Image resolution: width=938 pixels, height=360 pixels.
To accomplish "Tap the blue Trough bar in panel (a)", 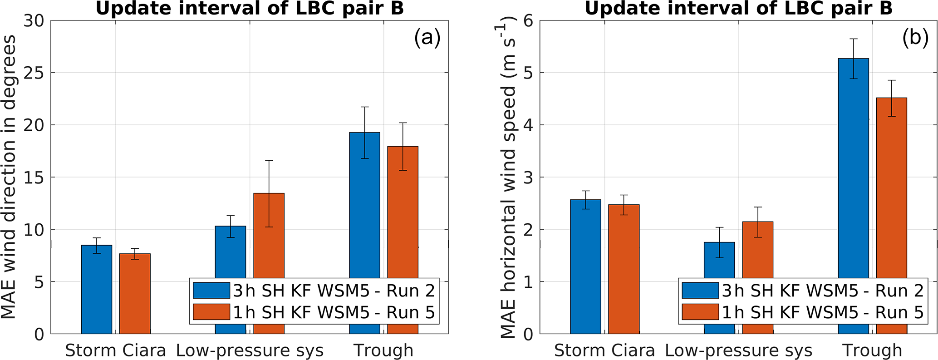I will [x=364, y=204].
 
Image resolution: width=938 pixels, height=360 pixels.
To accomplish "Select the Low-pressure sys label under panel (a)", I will [x=250, y=350].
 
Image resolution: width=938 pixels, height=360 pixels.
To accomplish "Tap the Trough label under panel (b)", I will [x=872, y=350].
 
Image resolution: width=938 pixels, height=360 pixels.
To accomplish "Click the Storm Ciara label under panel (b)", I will [x=604, y=350].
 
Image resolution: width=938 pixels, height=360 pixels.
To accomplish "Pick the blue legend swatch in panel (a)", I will [x=211, y=291].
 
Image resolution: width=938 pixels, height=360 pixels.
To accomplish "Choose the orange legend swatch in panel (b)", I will [x=700, y=312].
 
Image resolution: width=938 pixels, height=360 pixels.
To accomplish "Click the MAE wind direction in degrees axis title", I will [x=10, y=177].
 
